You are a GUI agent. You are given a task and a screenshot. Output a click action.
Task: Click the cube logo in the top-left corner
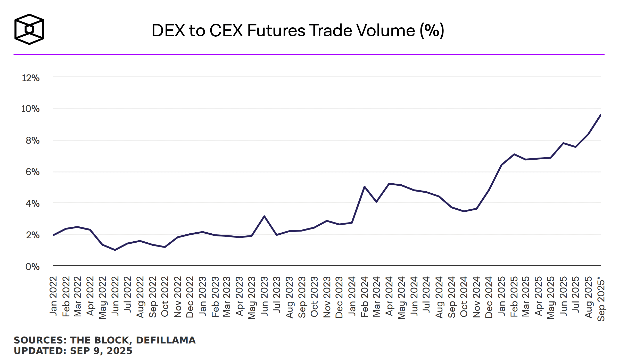point(29,29)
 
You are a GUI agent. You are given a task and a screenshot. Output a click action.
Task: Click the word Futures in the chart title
point(276,31)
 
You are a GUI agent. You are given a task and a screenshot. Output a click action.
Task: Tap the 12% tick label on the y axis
point(31,78)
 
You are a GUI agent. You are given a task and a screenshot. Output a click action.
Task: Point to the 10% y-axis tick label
point(30,109)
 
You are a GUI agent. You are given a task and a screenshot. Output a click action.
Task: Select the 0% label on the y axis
point(32,266)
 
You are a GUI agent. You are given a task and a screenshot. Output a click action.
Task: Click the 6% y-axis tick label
point(32,172)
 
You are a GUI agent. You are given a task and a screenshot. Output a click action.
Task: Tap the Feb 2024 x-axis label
point(364,297)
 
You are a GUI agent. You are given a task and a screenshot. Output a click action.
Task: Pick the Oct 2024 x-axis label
point(464,297)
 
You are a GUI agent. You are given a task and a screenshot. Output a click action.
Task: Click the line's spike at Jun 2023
point(264,216)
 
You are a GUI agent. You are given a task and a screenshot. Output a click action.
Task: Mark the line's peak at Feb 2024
point(364,186)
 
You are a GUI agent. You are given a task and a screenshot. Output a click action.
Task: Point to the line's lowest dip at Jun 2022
point(115,250)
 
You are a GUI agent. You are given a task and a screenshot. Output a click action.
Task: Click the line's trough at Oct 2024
point(464,211)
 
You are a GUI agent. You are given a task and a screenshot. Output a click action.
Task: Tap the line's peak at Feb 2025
point(514,154)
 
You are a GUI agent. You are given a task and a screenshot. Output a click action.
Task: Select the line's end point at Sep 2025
point(600,115)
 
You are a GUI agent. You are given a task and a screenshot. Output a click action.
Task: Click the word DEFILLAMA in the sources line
point(166,340)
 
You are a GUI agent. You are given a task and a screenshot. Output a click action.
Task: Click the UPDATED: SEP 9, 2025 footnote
point(73,351)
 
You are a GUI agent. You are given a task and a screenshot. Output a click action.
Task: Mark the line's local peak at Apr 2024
point(389,184)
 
